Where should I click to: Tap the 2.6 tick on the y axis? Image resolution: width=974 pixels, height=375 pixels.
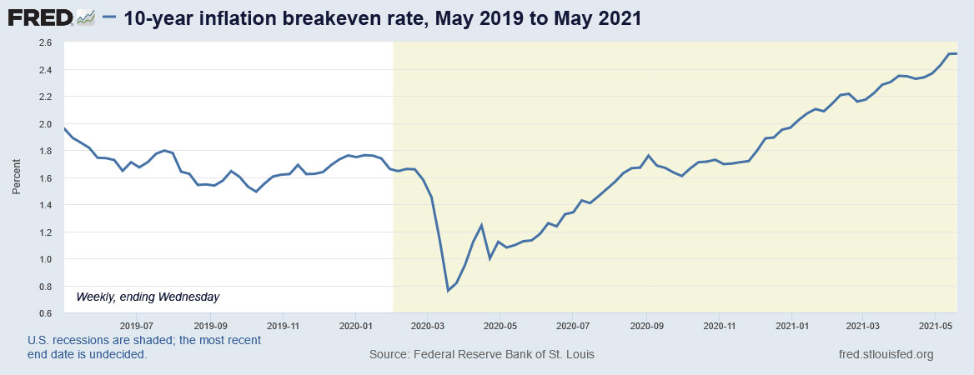[x=45, y=42]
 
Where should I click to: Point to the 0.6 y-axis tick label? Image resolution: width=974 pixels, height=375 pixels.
[x=45, y=313]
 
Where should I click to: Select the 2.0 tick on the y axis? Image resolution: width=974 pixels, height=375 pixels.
[x=45, y=124]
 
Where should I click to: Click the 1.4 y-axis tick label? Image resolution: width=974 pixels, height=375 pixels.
[x=45, y=205]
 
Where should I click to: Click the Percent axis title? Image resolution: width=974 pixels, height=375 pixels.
[x=16, y=178]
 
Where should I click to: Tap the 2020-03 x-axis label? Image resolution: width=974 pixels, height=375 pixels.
[x=427, y=325]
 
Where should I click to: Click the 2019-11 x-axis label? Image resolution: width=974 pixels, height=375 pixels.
[x=284, y=325]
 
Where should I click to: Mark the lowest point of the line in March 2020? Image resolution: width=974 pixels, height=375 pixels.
[x=448, y=290]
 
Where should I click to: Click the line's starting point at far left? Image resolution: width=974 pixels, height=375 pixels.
[x=64, y=127]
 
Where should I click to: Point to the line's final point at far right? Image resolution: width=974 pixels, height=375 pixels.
[x=956, y=53]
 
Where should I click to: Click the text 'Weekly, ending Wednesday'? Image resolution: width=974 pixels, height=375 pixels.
[x=148, y=296]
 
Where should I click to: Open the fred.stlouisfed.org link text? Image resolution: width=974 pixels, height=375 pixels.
[x=886, y=355]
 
